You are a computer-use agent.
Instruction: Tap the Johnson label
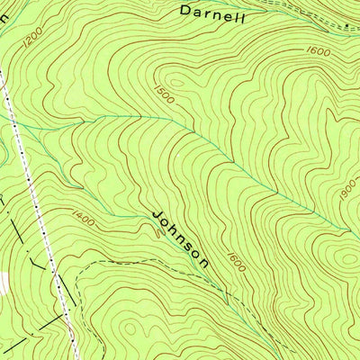182,239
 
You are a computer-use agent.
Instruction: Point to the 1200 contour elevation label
33,37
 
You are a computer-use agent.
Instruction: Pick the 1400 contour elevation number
81,215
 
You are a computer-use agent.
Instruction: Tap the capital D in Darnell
186,11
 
